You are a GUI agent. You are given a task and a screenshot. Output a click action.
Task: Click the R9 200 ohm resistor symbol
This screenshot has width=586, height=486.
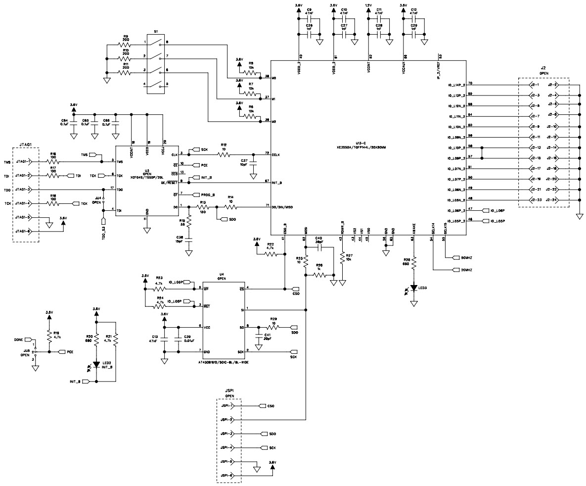click(126, 45)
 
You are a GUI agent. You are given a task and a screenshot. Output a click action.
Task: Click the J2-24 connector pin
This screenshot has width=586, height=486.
click(552, 200)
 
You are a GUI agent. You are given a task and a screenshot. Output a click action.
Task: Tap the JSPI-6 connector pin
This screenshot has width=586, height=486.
click(228, 476)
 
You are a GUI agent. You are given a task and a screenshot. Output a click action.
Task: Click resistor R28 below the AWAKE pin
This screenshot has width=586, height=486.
click(413, 262)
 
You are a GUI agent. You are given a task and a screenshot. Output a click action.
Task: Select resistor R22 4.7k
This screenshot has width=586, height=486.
click(271, 254)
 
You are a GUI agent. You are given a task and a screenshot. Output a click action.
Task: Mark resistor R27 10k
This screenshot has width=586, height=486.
click(343, 257)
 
